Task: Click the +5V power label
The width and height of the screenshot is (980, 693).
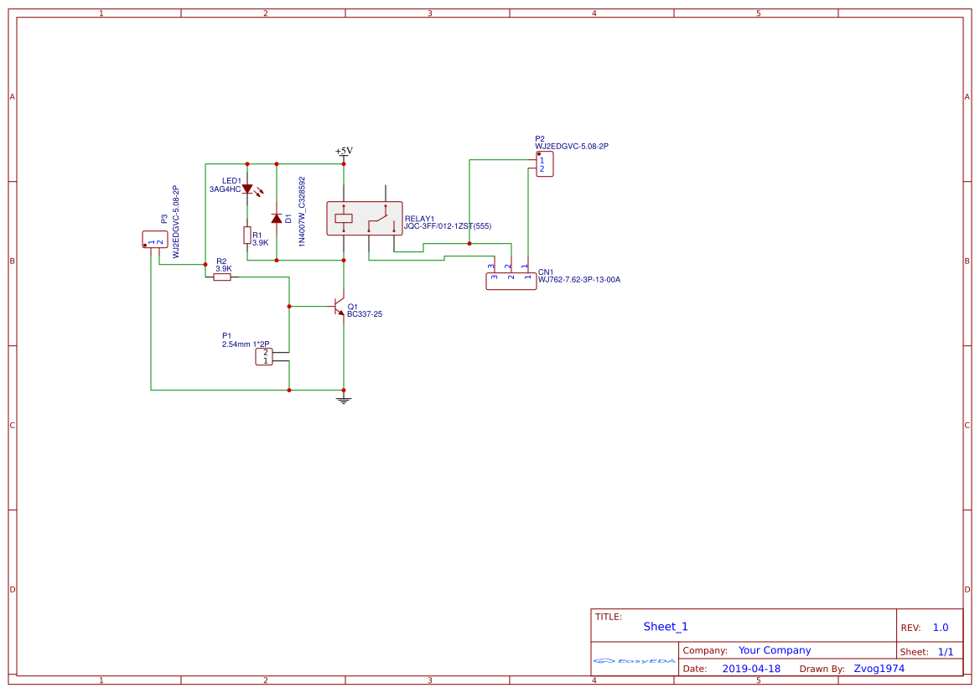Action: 344,151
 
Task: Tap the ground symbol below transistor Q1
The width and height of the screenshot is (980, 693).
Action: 343,400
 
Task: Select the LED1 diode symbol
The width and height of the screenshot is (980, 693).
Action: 247,189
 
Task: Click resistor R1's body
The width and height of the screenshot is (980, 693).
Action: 247,235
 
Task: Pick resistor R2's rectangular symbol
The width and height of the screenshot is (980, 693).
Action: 221,277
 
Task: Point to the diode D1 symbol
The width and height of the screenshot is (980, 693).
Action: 277,219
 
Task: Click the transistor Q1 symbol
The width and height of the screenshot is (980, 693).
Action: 340,307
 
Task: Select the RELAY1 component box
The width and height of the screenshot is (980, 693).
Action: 364,219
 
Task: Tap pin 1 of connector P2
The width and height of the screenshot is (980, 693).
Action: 542,159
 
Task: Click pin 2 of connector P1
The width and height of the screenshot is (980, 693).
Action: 265,353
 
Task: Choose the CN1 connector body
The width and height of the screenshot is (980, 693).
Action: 511,282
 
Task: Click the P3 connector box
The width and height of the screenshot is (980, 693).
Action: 155,240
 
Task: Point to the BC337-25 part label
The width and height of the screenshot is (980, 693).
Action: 365,314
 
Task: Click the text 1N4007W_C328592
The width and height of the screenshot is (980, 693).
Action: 302,209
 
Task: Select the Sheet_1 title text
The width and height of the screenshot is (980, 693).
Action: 666,627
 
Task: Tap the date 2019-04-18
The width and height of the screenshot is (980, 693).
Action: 751,669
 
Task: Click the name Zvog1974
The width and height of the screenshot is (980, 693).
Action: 879,669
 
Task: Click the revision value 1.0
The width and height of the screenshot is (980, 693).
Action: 941,628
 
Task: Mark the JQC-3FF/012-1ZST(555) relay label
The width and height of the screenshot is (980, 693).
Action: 448,226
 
